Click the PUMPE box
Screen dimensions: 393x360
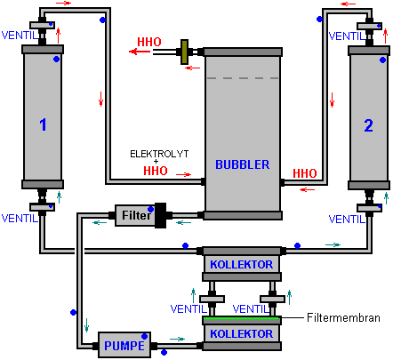[x=124, y=345]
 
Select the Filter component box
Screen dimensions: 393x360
[x=135, y=215]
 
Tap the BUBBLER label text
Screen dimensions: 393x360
[x=243, y=164]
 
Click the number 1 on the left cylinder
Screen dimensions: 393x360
[x=43, y=124]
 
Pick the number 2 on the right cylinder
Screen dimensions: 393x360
[x=368, y=125]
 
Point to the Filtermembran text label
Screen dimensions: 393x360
[x=343, y=317]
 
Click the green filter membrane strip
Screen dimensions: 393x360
[x=242, y=318]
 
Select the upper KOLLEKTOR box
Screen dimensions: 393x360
[x=242, y=264]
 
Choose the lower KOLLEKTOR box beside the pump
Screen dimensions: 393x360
[x=242, y=333]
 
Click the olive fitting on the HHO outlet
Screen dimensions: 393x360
[x=185, y=52]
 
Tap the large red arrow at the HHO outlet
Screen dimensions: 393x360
[x=140, y=52]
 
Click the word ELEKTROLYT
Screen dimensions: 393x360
[x=159, y=154]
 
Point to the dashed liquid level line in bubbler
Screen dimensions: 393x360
[x=243, y=78]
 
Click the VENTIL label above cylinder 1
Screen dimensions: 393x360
[x=20, y=36]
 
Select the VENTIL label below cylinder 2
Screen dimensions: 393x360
[x=347, y=220]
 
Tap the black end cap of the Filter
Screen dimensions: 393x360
[x=161, y=215]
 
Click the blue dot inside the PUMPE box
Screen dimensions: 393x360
[x=145, y=336]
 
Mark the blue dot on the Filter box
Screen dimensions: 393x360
[x=150, y=210]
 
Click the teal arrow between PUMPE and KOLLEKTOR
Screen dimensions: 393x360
[x=177, y=339]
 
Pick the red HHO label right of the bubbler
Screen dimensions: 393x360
[x=305, y=173]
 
